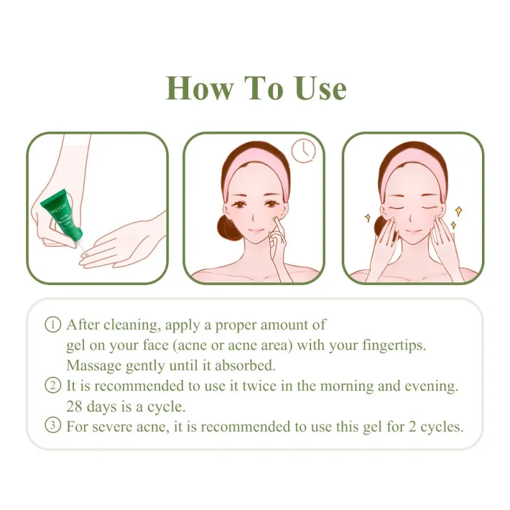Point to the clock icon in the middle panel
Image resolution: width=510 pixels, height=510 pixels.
tap(303, 151)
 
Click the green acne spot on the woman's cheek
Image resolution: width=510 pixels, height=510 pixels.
tap(278, 221)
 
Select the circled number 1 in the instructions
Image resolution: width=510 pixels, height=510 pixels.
tap(53, 324)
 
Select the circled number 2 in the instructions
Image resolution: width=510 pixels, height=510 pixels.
tap(53, 386)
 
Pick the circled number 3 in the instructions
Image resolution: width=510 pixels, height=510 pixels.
tap(53, 426)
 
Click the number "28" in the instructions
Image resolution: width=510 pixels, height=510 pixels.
tap(76, 406)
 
